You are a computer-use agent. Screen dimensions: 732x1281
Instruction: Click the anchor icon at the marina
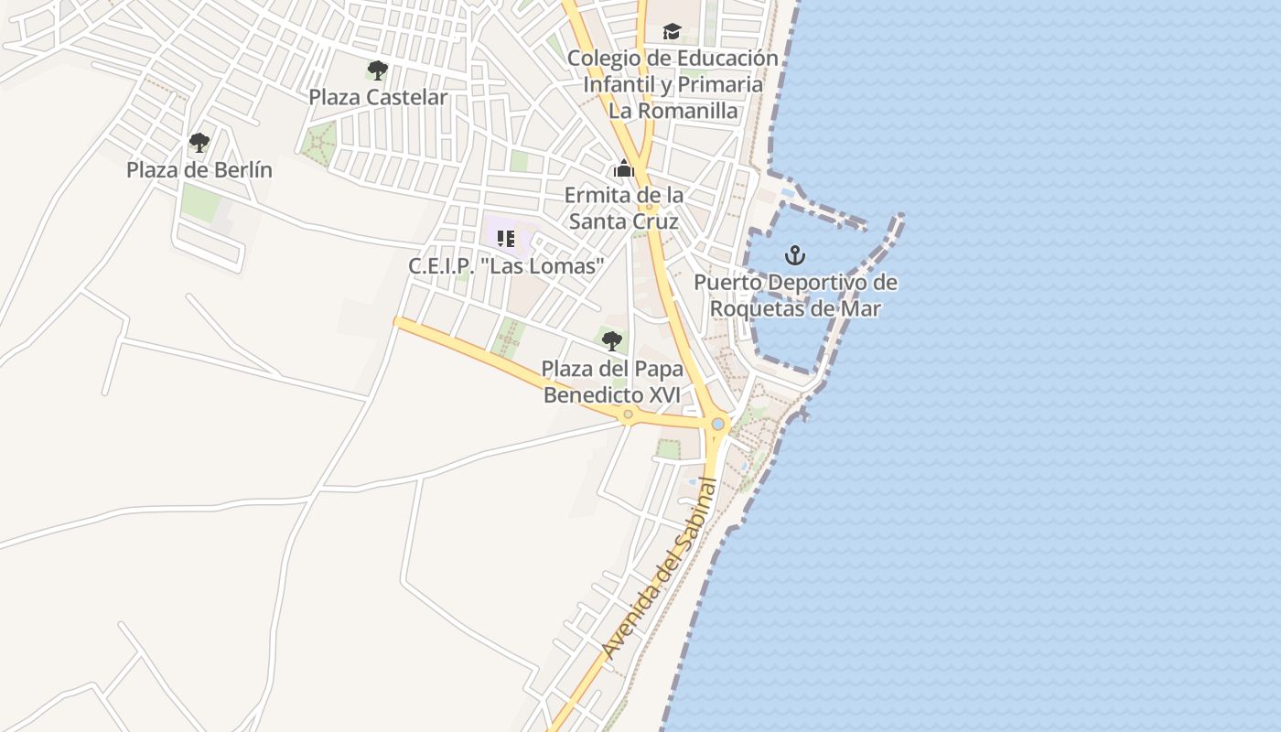(x=795, y=254)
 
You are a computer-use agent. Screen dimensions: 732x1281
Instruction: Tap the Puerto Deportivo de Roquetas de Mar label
(x=795, y=296)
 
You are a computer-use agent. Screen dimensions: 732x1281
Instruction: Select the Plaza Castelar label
(x=378, y=97)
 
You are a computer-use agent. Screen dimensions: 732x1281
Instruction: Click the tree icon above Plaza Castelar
(x=377, y=70)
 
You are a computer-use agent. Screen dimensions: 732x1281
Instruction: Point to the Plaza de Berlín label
(x=199, y=170)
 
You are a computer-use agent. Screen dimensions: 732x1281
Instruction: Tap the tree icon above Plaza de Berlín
(x=199, y=142)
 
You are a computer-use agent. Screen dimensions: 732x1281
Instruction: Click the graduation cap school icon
(x=673, y=32)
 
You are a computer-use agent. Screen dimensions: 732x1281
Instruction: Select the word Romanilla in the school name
(x=693, y=111)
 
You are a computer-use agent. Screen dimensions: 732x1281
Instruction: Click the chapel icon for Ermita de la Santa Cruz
(x=624, y=168)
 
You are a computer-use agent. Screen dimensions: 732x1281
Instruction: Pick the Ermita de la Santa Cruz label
(x=624, y=209)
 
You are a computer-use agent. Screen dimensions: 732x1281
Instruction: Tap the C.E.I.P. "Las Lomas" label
(x=506, y=266)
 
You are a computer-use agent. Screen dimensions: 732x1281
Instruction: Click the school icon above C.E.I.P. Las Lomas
(x=506, y=239)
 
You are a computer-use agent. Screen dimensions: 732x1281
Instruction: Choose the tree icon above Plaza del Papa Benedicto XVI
(x=612, y=341)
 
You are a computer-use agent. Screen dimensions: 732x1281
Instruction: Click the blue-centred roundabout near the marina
(x=717, y=424)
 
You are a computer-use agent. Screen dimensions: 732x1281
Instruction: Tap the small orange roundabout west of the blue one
(x=628, y=414)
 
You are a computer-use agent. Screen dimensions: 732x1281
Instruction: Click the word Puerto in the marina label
(x=727, y=283)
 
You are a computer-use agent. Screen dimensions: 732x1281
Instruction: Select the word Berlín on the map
(x=244, y=170)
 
